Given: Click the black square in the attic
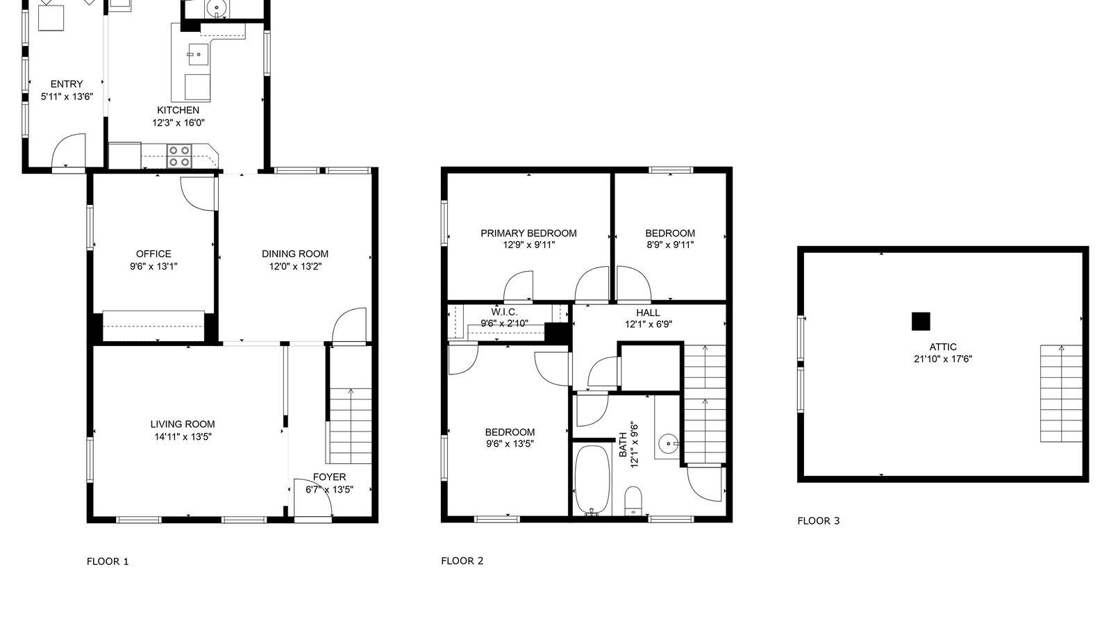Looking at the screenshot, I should [920, 321].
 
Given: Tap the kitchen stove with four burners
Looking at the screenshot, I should [179, 155].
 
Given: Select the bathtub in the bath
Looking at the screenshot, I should [592, 479].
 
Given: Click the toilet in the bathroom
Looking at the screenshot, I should [633, 501].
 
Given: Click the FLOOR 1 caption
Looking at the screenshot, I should [108, 561].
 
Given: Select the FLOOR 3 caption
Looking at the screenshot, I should [818, 520].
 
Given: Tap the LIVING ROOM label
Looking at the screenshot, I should [183, 424].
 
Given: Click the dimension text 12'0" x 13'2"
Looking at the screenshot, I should [295, 266].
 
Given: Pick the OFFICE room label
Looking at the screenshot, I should [153, 254].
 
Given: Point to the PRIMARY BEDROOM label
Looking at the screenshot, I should [528, 233].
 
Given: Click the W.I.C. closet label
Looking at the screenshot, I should [504, 312].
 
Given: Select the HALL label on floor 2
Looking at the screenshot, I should [648, 313].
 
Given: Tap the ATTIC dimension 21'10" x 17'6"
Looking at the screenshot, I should [942, 359].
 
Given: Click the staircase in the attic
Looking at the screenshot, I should [1060, 393].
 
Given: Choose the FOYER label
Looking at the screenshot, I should [329, 477].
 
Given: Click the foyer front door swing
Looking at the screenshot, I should [312, 498].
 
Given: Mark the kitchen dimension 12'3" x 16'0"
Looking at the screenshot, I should [178, 123].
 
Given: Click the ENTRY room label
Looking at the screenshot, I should [67, 84].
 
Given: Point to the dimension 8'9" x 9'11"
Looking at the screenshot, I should [669, 245].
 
